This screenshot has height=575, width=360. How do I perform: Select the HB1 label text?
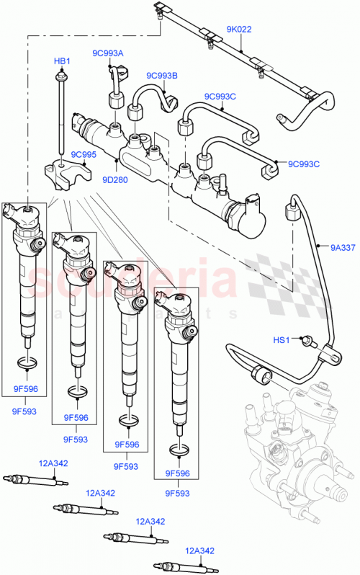pyautogui.click(x=62, y=61)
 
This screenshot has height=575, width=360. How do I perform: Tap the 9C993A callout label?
pyautogui.click(x=107, y=53)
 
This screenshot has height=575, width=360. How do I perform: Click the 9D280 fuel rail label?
pyautogui.click(x=114, y=180)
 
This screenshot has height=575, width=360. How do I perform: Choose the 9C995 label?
pyautogui.click(x=84, y=155)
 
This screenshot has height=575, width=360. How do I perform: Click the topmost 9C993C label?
pyautogui.click(x=220, y=96)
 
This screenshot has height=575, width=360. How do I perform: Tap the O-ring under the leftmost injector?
pyautogui.click(x=26, y=362)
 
